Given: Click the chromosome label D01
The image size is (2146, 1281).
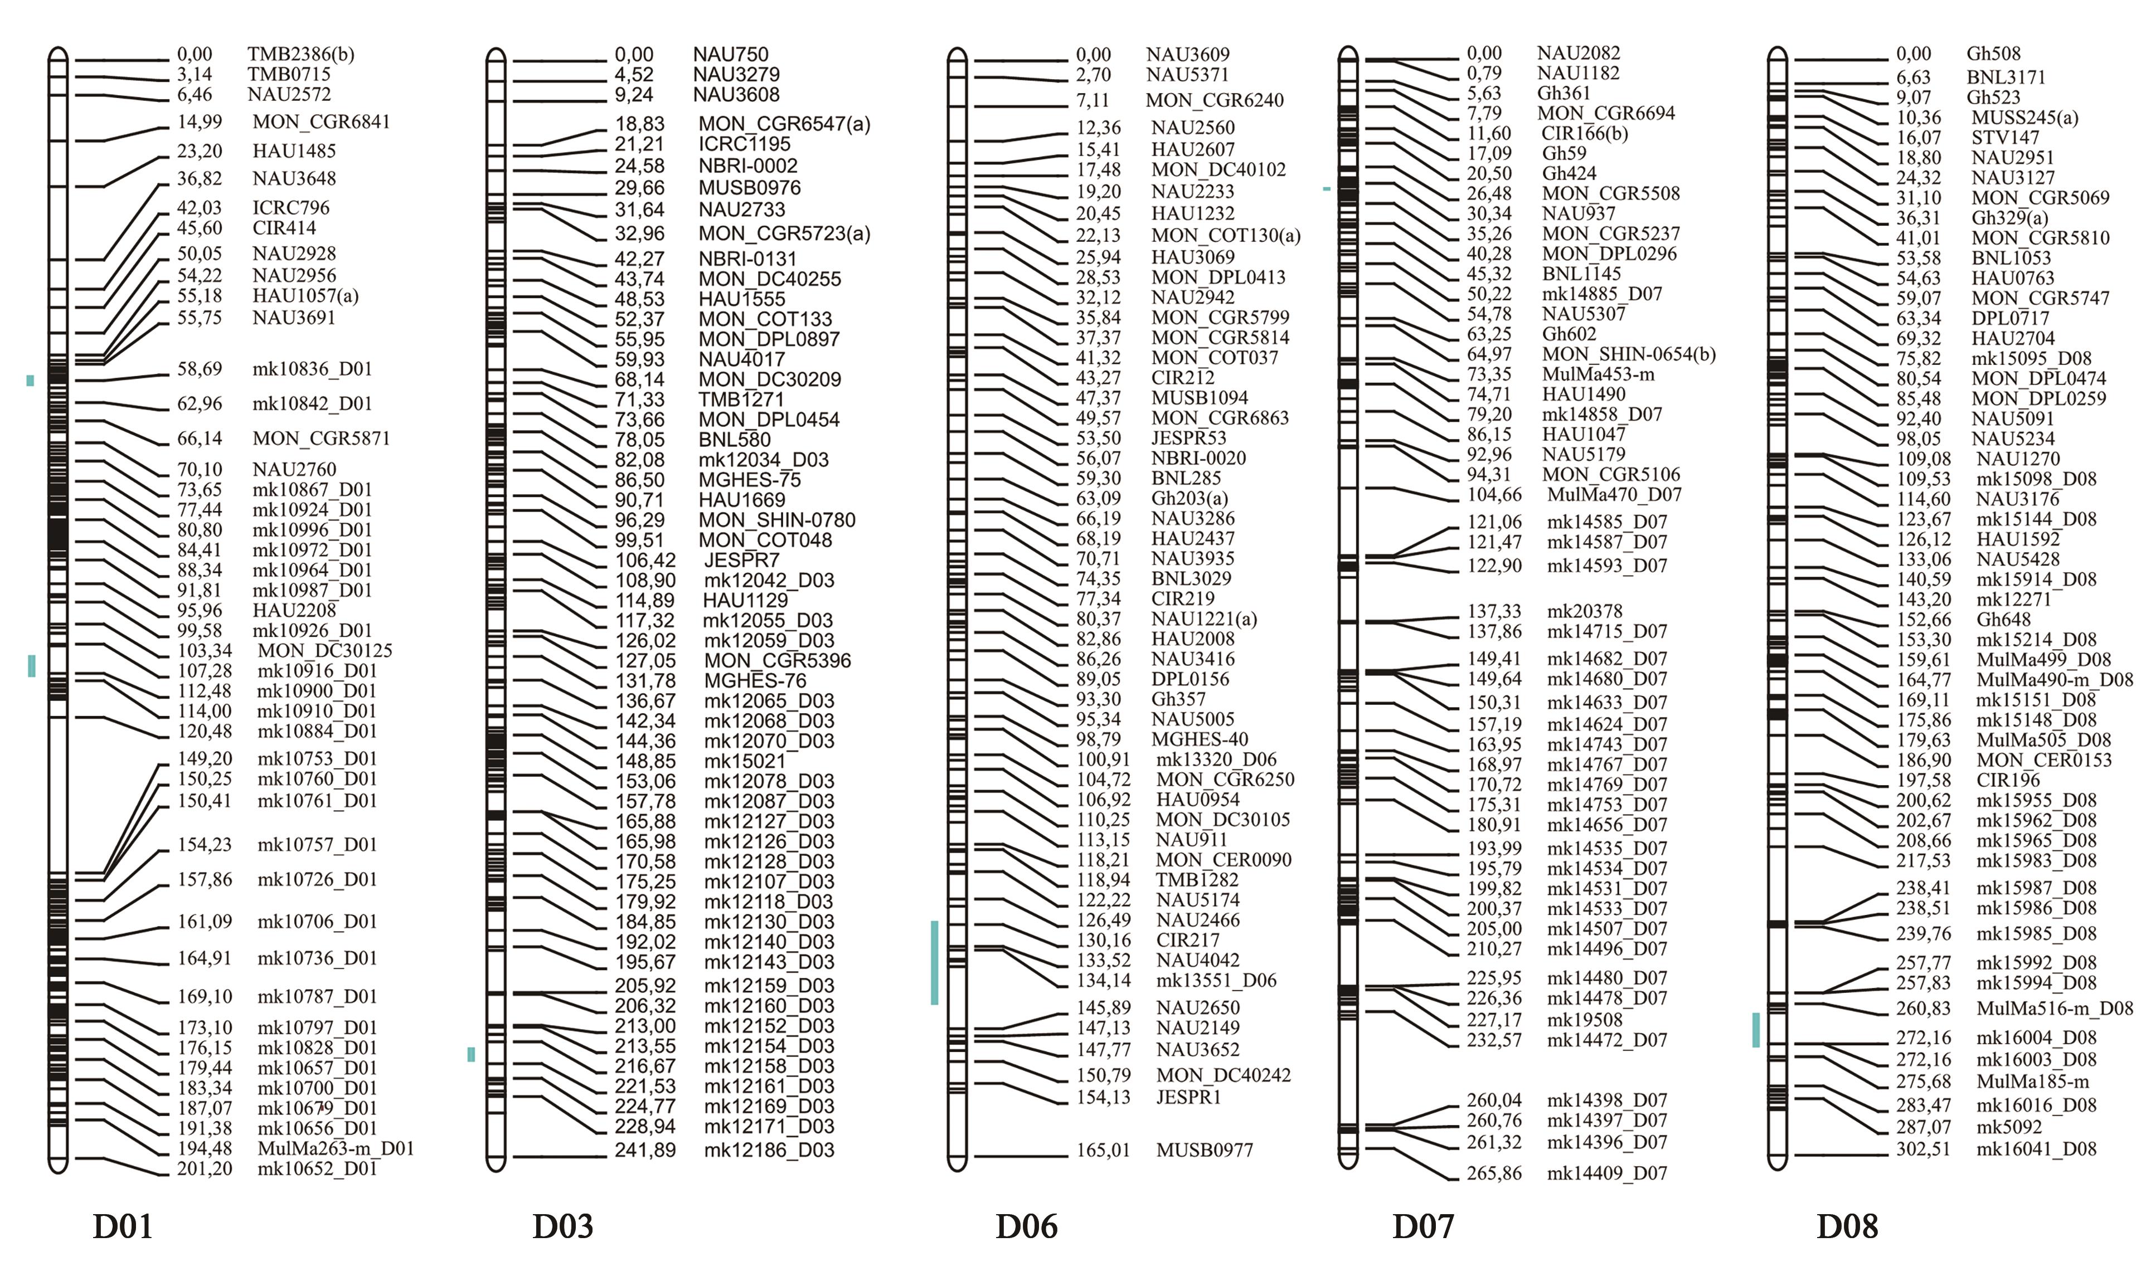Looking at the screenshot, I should pyautogui.click(x=123, y=1226).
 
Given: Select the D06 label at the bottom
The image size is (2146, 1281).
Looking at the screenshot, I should pyautogui.click(x=1026, y=1226).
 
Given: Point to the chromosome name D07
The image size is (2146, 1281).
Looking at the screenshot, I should pyautogui.click(x=1422, y=1226).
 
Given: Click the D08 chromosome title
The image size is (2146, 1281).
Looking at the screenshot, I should pyautogui.click(x=1847, y=1226).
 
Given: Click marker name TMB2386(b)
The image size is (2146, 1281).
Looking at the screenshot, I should pyautogui.click(x=300, y=55).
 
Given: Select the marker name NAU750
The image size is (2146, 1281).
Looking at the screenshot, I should pyautogui.click(x=730, y=55).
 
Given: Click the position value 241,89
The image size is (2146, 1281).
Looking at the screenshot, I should pyautogui.click(x=645, y=1150).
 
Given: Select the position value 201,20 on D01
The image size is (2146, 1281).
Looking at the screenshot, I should pyautogui.click(x=205, y=1169).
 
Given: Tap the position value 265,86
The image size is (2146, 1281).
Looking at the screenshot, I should pyautogui.click(x=1494, y=1173).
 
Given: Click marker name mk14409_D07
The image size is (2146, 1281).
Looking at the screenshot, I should pyautogui.click(x=1606, y=1173).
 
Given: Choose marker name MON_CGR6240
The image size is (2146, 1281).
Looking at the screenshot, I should pyautogui.click(x=1215, y=100).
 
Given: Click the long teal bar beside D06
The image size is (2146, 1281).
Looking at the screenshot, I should pyautogui.click(x=934, y=962).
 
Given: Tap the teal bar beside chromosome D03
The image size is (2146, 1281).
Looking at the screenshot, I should pyautogui.click(x=470, y=1054).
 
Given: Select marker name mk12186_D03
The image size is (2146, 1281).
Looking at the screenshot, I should pyautogui.click(x=768, y=1150).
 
